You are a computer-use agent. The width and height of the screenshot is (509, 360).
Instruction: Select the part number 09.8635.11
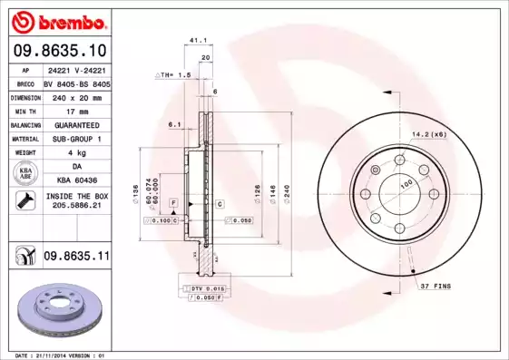click(77, 257)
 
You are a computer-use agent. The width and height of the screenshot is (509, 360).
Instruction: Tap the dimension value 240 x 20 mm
click(75, 95)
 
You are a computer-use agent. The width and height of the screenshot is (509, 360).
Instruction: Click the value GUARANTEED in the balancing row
click(75, 124)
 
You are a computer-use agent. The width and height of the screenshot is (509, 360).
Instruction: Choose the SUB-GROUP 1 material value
click(75, 139)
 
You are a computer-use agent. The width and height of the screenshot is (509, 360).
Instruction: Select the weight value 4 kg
click(75, 153)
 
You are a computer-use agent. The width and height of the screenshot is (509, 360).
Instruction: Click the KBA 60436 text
click(75, 180)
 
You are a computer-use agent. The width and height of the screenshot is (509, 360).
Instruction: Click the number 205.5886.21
click(75, 206)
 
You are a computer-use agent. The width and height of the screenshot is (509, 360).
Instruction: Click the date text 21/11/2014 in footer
click(59, 355)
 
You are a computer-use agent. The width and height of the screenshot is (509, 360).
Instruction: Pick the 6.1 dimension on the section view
click(174, 124)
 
